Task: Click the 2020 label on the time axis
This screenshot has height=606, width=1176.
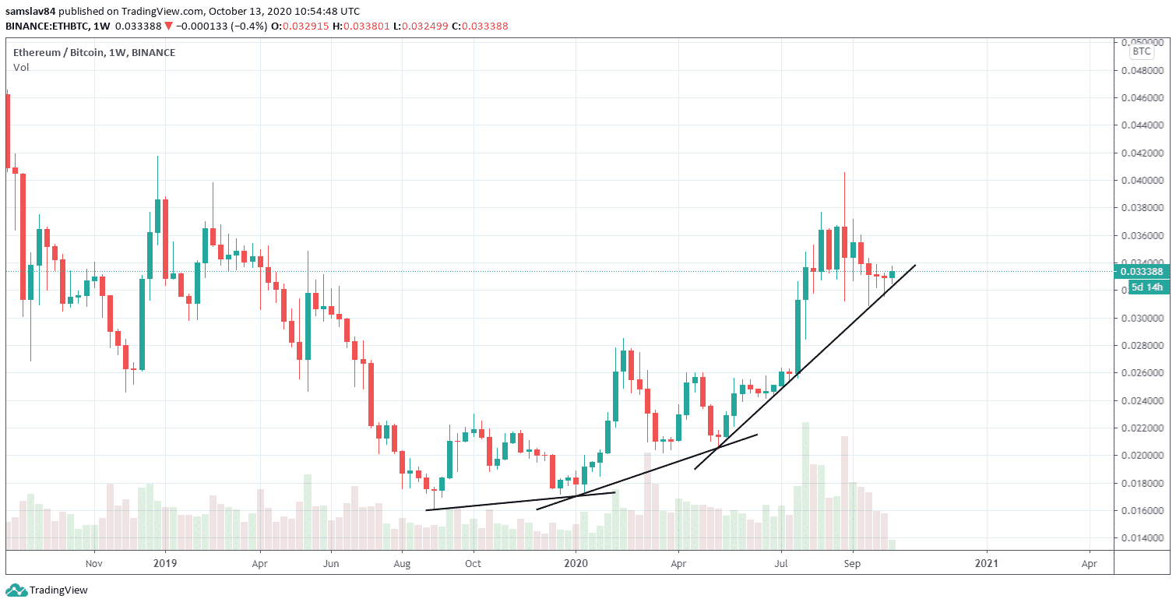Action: [x=576, y=562]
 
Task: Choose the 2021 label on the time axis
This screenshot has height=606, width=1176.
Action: [x=987, y=562]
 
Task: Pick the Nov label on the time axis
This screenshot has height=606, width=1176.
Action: [x=94, y=562]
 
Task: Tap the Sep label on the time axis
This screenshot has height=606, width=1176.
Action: [x=854, y=562]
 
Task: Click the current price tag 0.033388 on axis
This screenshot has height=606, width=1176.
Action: [x=1141, y=272]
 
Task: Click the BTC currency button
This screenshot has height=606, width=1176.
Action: [x=1141, y=51]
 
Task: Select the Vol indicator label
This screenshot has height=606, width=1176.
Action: [x=21, y=68]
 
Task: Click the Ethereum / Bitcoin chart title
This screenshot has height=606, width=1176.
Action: [x=94, y=52]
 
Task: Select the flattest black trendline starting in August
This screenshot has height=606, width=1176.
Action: [x=521, y=502]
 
